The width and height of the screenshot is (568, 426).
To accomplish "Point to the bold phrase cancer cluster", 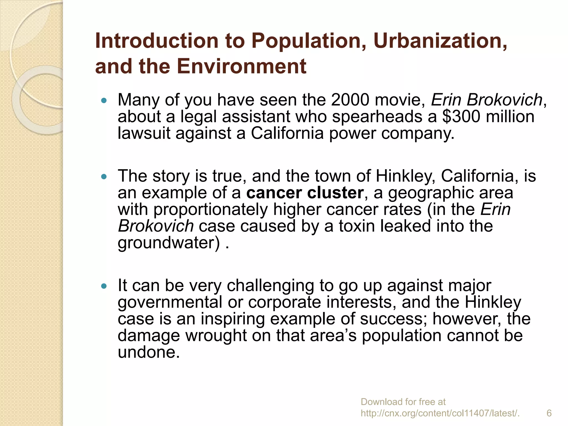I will tap(305, 192).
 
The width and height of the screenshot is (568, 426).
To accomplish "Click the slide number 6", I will tap(549, 413).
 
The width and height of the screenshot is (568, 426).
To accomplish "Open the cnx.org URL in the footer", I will tap(440, 413).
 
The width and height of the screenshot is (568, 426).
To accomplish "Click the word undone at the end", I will tap(149, 352).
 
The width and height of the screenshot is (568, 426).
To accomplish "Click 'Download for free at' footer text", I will tap(403, 402).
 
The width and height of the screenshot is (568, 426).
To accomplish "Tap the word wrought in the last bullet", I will tap(216, 336).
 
